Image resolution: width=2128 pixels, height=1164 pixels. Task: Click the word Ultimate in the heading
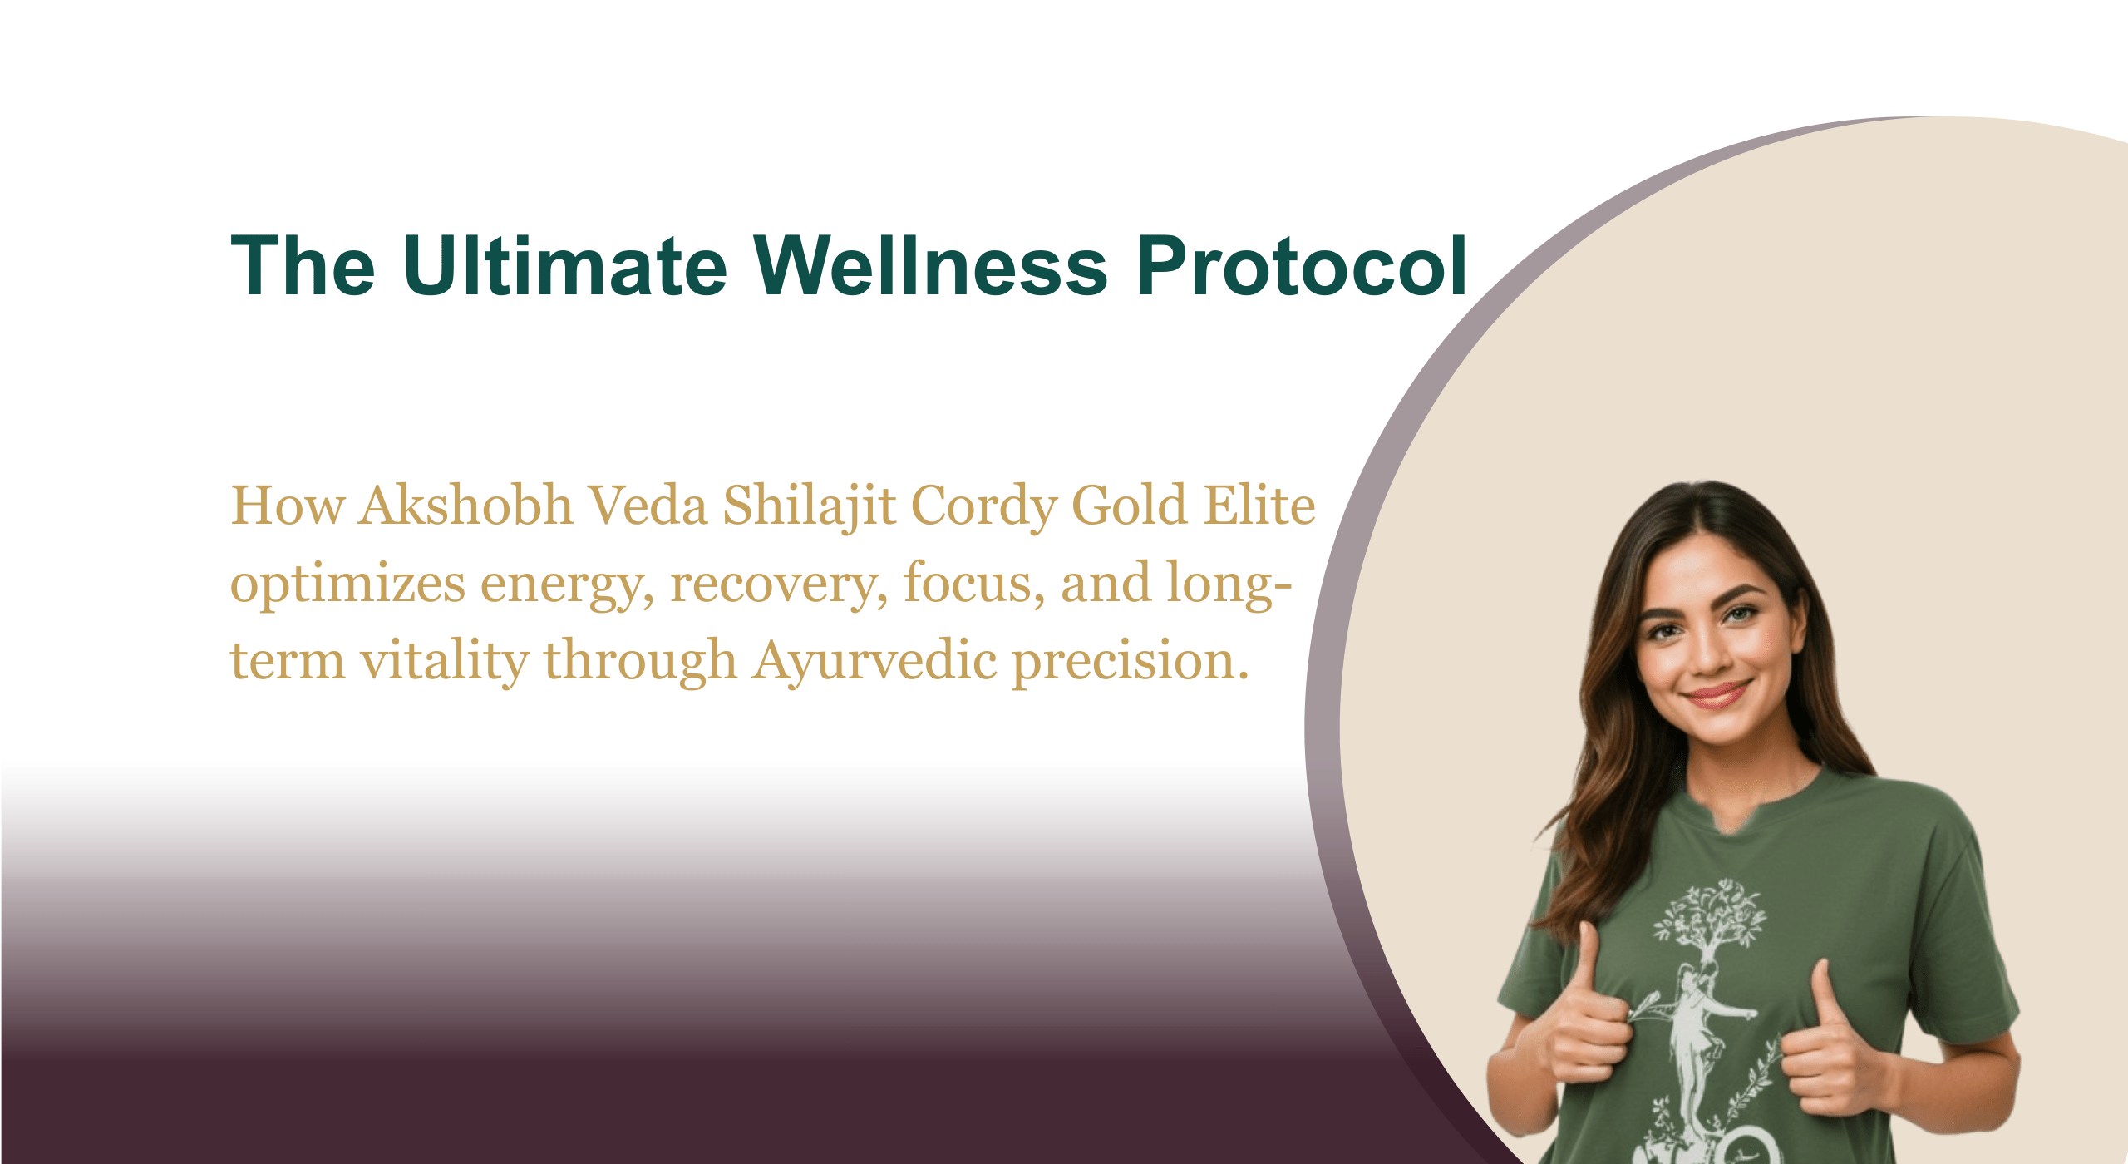pyautogui.click(x=565, y=265)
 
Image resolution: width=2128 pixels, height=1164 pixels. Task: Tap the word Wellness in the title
pyautogui.click(x=930, y=265)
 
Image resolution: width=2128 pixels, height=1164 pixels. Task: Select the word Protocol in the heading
pyautogui.click(x=1302, y=265)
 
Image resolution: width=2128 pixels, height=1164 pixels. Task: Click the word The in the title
pyautogui.click(x=303, y=265)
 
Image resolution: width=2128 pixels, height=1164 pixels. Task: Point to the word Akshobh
pyautogui.click(x=466, y=505)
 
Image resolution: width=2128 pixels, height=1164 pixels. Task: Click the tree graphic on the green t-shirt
pyautogui.click(x=1707, y=924)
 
